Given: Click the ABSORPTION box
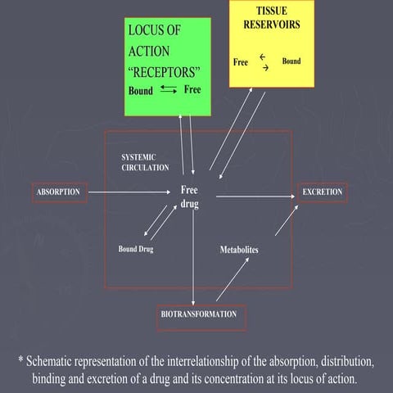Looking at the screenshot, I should click(59, 192).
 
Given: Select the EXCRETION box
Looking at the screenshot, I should click(323, 192).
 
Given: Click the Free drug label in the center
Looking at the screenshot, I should click(190, 196).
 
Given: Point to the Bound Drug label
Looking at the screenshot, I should click(135, 249).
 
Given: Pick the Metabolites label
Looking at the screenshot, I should click(239, 249).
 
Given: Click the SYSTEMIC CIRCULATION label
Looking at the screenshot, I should click(145, 161).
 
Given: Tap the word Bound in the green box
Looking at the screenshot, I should click(140, 91).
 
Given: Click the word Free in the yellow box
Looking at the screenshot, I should click(241, 62).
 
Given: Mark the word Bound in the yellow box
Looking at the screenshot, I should click(291, 61).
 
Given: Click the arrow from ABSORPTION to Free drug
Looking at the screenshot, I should click(131, 193).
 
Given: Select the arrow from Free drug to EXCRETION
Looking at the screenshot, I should click(254, 195).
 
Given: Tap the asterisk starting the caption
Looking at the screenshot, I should click(21, 360).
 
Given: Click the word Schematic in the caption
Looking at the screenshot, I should click(58, 360).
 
